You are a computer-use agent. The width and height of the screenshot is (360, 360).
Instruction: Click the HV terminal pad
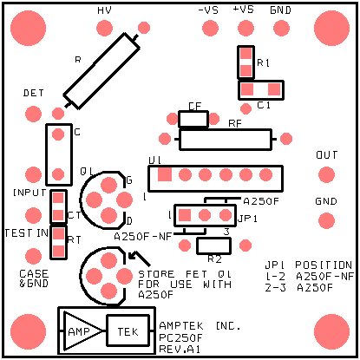pos(104,28)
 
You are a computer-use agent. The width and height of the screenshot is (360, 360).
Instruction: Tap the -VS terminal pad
pos(210,28)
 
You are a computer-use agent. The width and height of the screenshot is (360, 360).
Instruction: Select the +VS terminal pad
pos(245,28)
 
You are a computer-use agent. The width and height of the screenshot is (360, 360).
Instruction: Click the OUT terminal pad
pos(326,174)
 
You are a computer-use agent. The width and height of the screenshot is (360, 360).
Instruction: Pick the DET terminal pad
pos(33,114)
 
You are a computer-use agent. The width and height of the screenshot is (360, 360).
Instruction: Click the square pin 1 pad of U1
pos(165,174)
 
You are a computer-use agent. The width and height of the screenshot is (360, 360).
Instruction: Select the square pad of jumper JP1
pos(185,215)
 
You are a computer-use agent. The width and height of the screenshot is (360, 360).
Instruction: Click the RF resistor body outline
pos(226,140)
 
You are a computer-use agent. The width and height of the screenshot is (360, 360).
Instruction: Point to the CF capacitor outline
pos(193,119)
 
